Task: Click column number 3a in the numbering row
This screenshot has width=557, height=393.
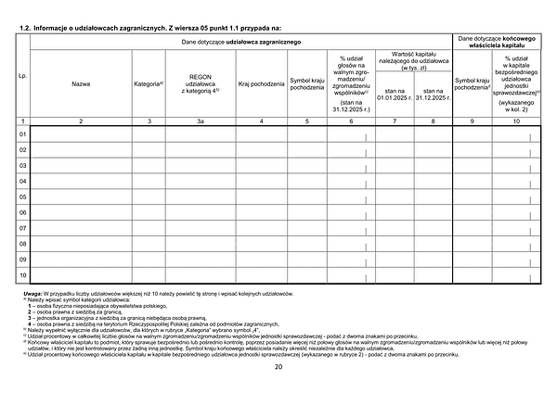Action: click(202, 121)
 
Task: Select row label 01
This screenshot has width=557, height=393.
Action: click(22, 135)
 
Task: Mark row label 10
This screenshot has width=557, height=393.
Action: click(22, 275)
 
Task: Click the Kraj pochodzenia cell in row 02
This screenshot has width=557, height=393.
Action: click(261, 151)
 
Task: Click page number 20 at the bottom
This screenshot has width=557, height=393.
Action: click(278, 367)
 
